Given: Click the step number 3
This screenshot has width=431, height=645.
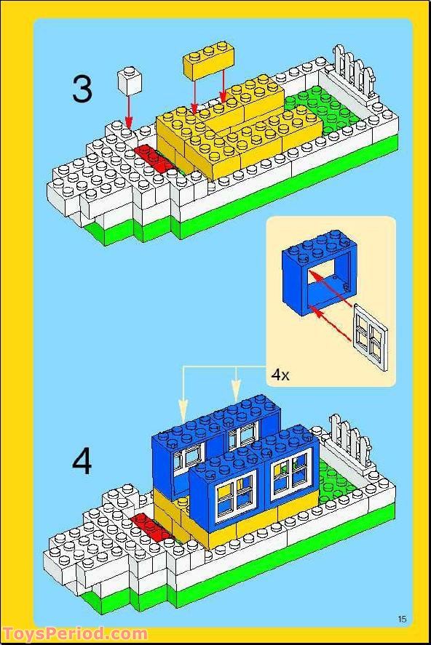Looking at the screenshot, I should pos(82,89).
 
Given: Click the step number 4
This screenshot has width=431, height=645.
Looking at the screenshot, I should pos(82,462).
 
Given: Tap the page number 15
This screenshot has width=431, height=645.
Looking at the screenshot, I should pos(402,618).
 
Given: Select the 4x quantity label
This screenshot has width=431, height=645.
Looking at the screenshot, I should pos(280,374).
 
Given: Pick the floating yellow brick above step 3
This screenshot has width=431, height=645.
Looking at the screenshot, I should pos(207,63).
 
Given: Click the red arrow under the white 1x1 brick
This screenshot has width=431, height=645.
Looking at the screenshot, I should pos(128,113).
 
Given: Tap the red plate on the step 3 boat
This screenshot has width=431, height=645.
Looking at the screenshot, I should pos(151,156).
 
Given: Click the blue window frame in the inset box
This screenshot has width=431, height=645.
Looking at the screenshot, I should pos(315,271).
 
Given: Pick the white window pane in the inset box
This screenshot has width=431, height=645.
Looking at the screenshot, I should pos(371,332).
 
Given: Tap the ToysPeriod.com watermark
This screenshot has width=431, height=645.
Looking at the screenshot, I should pos(74,634).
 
